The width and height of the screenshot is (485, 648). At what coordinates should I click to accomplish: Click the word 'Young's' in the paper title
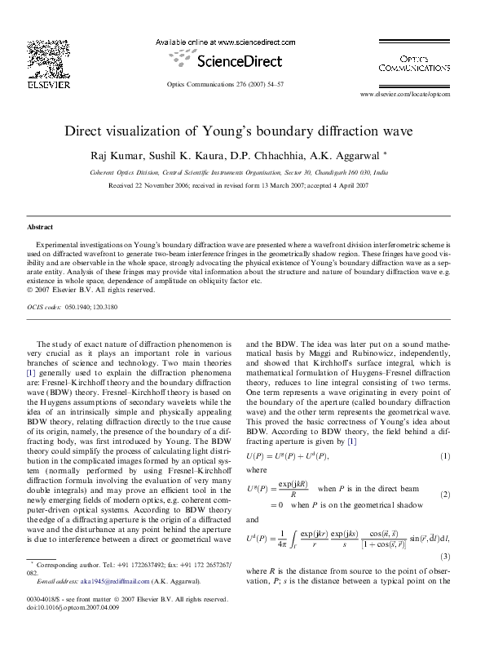point(265,131)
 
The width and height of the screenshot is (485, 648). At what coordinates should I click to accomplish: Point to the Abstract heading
point(40,226)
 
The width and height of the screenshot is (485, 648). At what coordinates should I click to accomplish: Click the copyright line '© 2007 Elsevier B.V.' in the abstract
point(90,290)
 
